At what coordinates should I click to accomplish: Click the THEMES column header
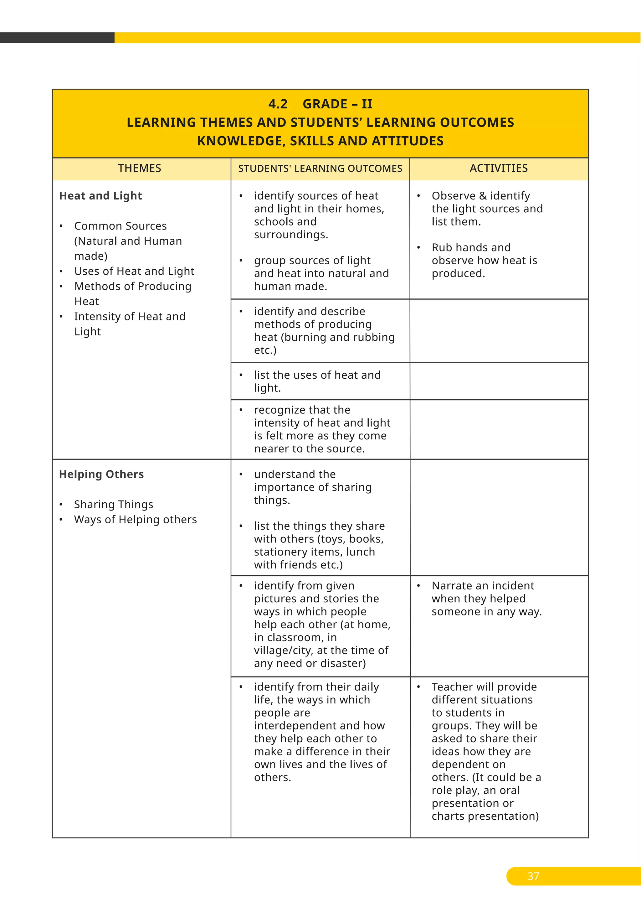(139, 168)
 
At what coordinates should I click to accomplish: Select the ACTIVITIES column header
(499, 168)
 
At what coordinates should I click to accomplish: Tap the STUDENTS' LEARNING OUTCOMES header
(320, 169)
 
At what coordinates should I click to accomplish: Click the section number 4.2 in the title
(278, 104)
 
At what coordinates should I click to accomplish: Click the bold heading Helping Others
(101, 474)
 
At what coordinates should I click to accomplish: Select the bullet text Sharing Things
(114, 505)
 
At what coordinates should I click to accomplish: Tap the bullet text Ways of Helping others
(136, 520)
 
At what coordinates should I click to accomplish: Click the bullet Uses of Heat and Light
(134, 271)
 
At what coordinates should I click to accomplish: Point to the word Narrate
(452, 586)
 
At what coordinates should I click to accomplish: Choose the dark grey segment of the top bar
(57, 38)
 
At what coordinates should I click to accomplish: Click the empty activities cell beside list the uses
(499, 381)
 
